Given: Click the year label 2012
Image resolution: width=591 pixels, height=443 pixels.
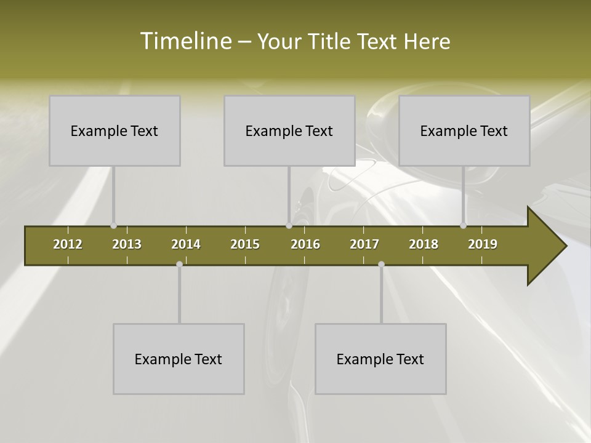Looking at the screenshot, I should click(68, 244).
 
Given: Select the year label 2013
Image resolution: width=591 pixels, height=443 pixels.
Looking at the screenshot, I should click(127, 244).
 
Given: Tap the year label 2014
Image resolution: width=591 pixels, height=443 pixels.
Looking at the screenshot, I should click(186, 244).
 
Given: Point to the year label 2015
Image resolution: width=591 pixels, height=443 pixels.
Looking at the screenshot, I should click(245, 244).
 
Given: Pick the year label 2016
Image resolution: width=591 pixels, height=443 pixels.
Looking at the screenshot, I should click(305, 244).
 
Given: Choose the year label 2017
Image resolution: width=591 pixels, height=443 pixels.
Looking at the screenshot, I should click(364, 244).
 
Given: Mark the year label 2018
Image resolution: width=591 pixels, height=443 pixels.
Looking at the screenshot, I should click(424, 244).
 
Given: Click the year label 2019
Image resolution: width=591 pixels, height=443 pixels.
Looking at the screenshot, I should click(483, 244).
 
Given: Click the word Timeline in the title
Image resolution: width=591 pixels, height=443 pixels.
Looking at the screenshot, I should click(185, 41).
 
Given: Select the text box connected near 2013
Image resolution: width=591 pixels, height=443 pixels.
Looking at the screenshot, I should click(115, 130).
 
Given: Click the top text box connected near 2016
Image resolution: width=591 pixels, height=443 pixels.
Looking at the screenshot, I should click(289, 130).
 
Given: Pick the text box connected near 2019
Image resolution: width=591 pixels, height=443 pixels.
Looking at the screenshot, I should click(464, 130).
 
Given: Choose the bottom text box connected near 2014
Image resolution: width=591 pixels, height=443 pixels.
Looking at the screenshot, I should click(179, 359).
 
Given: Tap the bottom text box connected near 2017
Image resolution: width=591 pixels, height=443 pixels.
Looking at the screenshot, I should click(380, 359).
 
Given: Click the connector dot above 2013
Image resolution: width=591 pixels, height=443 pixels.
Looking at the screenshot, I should click(113, 226).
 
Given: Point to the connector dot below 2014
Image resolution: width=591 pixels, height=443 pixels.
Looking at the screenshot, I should click(179, 264).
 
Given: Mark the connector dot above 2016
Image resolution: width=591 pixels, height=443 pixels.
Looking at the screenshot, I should click(289, 226).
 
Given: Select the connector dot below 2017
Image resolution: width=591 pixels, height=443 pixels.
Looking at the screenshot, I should click(381, 264).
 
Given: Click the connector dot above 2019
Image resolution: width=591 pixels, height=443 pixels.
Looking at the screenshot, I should click(463, 226).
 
